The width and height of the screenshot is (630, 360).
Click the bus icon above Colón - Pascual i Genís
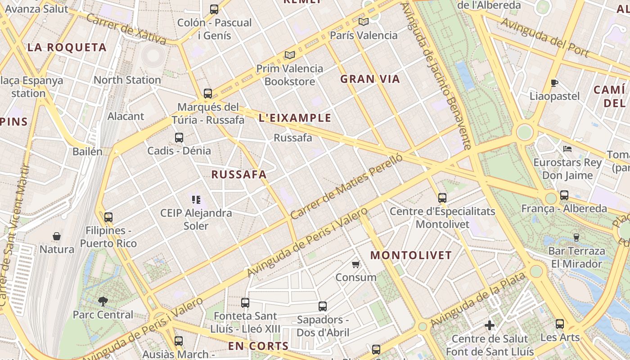pos(214,9)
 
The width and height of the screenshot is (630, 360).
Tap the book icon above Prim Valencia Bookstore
pos(290,55)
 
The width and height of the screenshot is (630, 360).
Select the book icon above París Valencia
pos(364,22)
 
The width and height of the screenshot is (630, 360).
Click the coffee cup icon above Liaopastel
pos(554,83)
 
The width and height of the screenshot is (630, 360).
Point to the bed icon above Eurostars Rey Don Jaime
pos(567,148)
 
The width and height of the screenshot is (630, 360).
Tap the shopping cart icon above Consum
pos(356,264)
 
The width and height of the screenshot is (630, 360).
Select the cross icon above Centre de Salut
pos(490,325)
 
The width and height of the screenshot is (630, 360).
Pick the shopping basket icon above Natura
pos(57,236)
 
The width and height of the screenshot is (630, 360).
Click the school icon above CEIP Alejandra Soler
pos(196,199)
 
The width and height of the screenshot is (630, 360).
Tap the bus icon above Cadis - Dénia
pos(179,138)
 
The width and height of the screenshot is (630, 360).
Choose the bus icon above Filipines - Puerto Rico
pos(108,217)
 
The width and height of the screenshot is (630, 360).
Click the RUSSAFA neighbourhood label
pos(239,175)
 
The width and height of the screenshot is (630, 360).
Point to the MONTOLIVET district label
pos(411,256)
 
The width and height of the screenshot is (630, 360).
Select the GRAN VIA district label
pos(370,79)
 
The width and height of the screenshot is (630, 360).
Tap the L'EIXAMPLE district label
pos(295,118)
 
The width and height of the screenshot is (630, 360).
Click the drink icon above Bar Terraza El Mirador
pos(576,237)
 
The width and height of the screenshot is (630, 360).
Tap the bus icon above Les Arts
pos(560,324)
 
